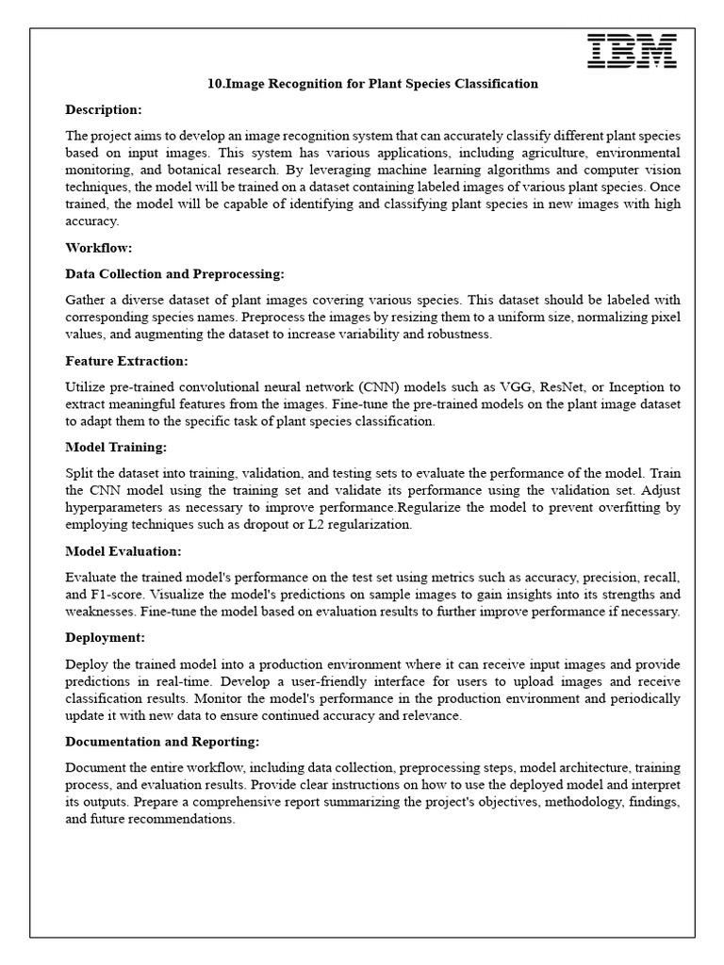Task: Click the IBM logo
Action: pos(632,51)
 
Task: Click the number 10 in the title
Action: pos(213,84)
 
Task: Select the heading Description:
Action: pos(104,110)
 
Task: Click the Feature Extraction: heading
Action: pos(126,361)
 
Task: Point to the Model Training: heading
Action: pos(116,447)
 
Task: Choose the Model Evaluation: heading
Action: pos(123,550)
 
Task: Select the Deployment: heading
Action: pos(105,637)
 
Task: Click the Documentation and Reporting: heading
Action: pos(162,742)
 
